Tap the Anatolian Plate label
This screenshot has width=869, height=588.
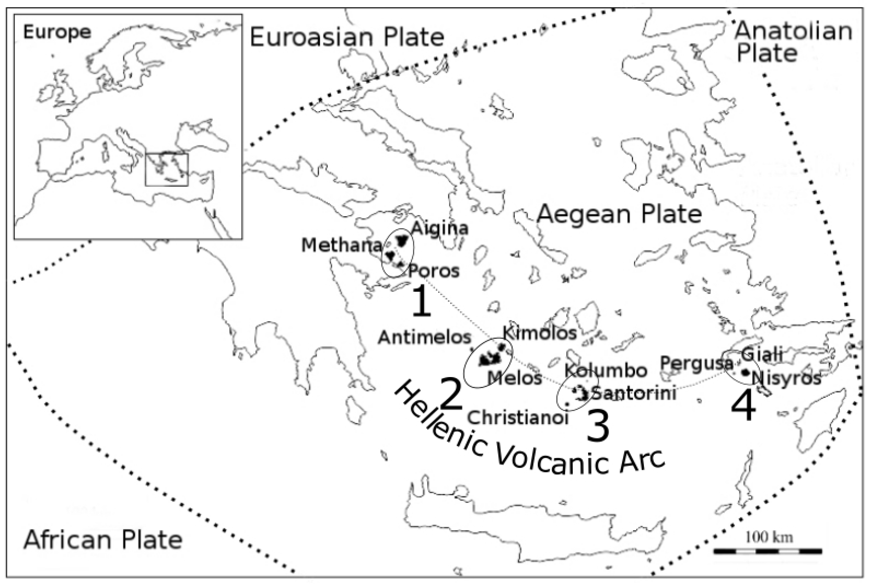793,42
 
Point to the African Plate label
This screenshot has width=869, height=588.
103,540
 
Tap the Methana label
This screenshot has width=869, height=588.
341,246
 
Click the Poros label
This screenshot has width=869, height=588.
434,271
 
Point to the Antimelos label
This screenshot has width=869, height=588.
424,338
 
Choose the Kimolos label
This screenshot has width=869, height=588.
539,333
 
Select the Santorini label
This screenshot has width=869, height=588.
635,394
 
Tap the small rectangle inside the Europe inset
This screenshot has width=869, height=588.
166,169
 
